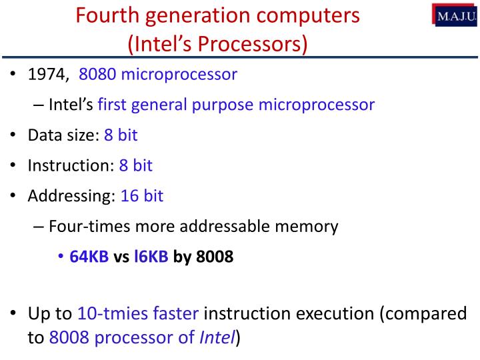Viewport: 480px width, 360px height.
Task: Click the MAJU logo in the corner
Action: (457, 15)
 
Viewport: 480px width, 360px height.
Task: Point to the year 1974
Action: (47, 74)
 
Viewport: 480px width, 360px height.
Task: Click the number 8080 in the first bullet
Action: (97, 74)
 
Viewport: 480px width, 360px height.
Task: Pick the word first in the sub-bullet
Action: (112, 105)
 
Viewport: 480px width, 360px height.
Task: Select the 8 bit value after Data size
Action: (120, 135)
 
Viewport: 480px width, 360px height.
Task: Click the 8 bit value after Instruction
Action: (136, 165)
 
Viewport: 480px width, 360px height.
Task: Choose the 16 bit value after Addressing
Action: (141, 196)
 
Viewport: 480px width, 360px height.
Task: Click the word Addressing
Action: (71, 196)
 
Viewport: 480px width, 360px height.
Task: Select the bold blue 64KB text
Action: (89, 257)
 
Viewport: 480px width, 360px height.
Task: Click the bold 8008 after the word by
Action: (215, 257)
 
